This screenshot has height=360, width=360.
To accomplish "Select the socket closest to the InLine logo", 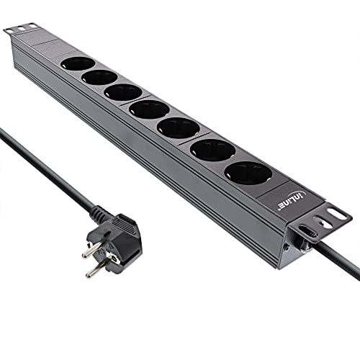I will pos(246,173).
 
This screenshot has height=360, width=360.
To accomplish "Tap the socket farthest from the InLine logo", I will pos(77,64).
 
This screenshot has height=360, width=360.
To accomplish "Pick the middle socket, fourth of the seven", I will pos(150,109).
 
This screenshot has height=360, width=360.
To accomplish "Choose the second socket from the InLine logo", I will pos(213,150).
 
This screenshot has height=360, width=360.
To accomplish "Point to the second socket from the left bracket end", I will pos(100,78).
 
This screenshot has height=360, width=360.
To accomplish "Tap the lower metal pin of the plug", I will pos(94,271).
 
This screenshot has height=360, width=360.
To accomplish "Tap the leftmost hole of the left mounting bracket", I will pos(9,30).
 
